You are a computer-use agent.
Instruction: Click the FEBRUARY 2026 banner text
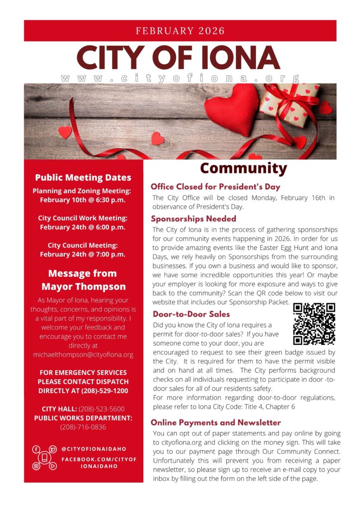tap(180, 31)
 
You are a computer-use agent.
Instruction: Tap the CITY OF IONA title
tap(179, 58)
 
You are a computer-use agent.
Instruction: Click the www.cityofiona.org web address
tap(180, 79)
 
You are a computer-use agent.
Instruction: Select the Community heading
tap(243, 169)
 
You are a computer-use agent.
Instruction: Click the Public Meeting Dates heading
tap(83, 177)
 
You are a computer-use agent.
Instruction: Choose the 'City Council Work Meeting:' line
tap(83, 218)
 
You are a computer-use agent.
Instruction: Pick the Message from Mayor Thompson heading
tap(83, 280)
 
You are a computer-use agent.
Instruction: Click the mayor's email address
tap(83, 354)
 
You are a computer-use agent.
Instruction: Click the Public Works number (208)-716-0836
tap(83, 427)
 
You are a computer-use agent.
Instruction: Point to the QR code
tap(314, 324)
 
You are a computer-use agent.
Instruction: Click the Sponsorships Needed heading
tap(193, 219)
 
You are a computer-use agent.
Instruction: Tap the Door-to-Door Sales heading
tap(191, 314)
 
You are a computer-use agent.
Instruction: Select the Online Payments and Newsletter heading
tap(215, 423)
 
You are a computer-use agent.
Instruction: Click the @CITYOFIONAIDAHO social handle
tap(93, 449)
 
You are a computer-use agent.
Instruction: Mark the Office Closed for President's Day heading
tap(215, 187)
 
